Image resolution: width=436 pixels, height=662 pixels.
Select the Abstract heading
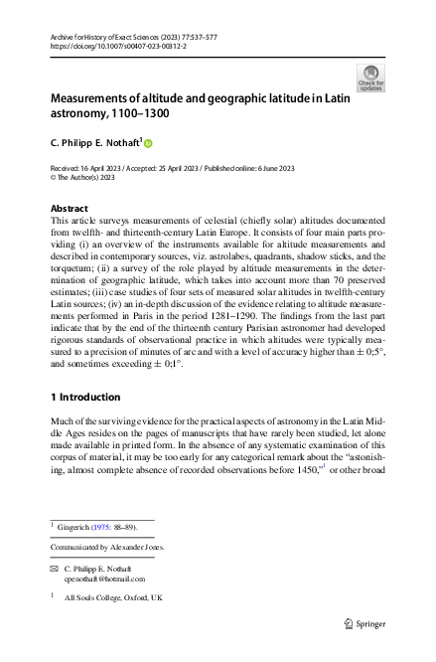coord(68,209)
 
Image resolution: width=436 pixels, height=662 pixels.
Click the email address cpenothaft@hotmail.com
coord(104,579)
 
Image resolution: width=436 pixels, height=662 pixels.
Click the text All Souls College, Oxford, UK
coord(113,598)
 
